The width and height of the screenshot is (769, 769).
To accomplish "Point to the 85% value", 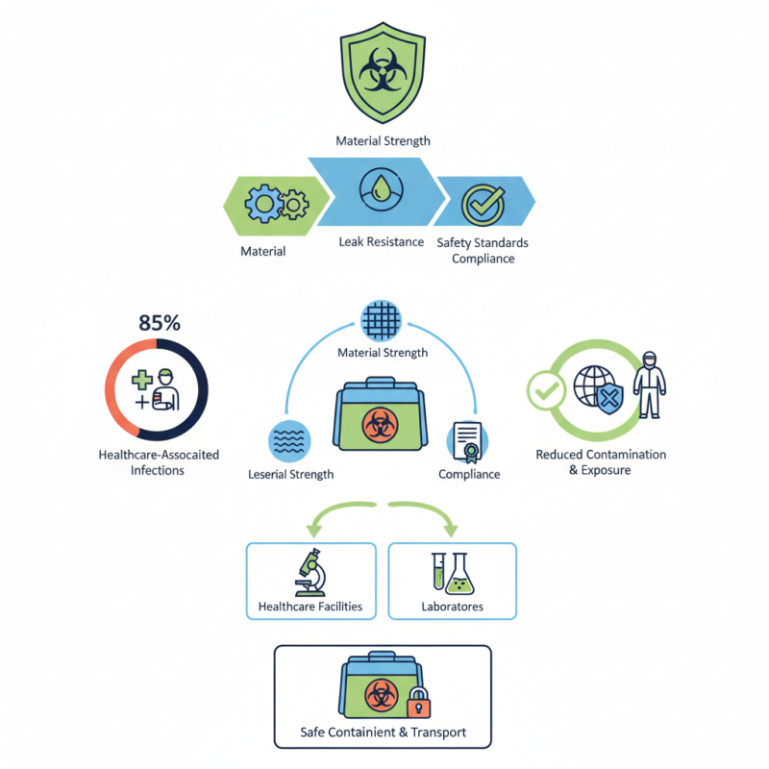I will (x=160, y=323).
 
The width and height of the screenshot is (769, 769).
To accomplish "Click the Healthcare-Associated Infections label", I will (x=159, y=461).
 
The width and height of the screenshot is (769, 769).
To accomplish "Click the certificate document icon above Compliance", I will (x=470, y=442).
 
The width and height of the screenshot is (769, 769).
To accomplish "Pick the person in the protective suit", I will (x=651, y=384).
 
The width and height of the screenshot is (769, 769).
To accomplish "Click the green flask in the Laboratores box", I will (x=462, y=574).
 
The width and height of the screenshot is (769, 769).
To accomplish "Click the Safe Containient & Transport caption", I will (x=383, y=732).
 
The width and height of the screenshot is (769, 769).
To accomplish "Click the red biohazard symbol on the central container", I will (x=376, y=423).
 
